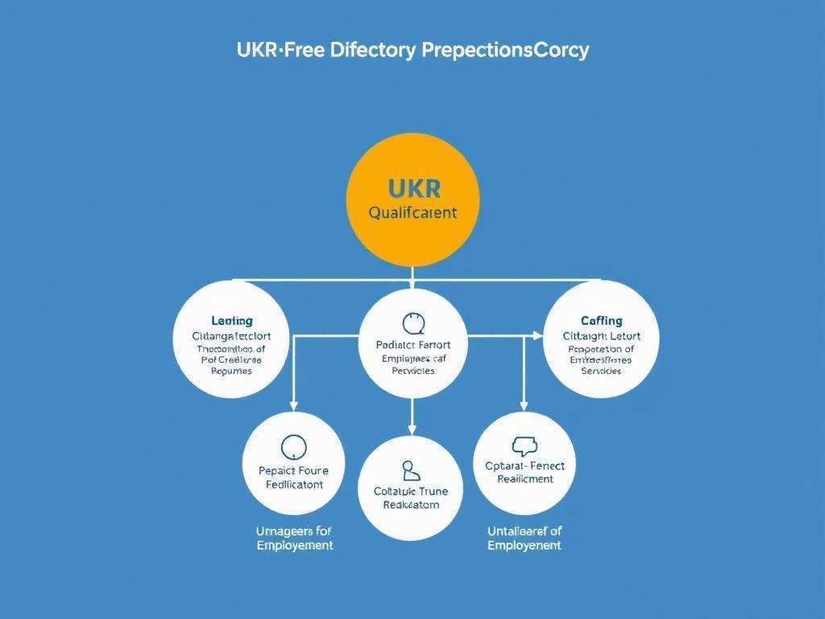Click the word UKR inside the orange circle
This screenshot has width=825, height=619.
pyautogui.click(x=413, y=189)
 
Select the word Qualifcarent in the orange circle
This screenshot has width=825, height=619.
pyautogui.click(x=412, y=214)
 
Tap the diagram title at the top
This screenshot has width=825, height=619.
pyautogui.click(x=412, y=50)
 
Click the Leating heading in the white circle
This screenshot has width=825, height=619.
pyautogui.click(x=231, y=321)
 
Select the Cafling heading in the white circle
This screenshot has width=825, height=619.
pyautogui.click(x=601, y=321)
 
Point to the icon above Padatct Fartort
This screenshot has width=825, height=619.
pyautogui.click(x=412, y=323)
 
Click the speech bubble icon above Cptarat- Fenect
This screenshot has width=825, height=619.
pyautogui.click(x=524, y=446)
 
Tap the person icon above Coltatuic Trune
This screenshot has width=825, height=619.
pyautogui.click(x=410, y=469)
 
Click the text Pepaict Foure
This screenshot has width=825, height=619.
pyautogui.click(x=294, y=471)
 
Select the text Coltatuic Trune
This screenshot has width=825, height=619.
pyautogui.click(x=411, y=491)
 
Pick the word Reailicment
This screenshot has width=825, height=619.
pyautogui.click(x=524, y=479)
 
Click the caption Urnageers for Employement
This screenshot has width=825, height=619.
pyautogui.click(x=294, y=538)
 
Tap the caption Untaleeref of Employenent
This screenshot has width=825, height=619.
pyautogui.click(x=524, y=538)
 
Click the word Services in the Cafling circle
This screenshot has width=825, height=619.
pyautogui.click(x=601, y=372)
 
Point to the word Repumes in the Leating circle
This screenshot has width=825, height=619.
pyautogui.click(x=231, y=372)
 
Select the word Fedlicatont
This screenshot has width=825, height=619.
pyautogui.click(x=294, y=484)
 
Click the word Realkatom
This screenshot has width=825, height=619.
pyautogui.click(x=411, y=505)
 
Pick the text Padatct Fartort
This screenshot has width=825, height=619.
pyautogui.click(x=412, y=345)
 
